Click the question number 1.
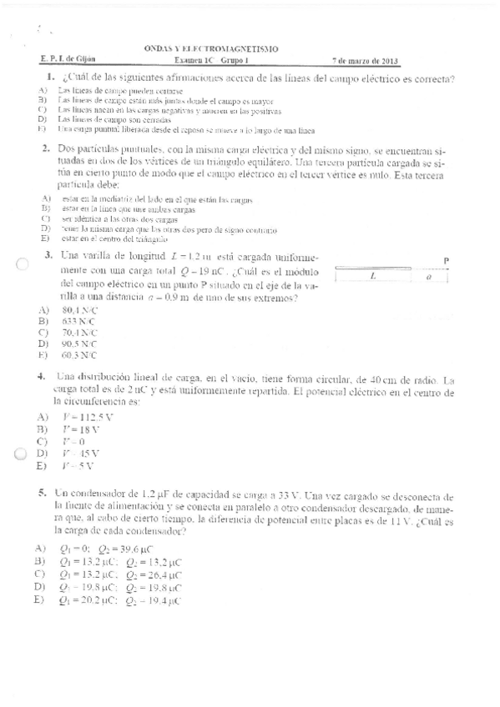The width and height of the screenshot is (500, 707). (x=51, y=78)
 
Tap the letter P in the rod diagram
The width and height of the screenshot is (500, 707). (x=447, y=260)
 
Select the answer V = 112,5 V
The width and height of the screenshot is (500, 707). (x=88, y=416)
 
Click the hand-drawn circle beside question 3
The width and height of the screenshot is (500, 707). (x=22, y=264)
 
